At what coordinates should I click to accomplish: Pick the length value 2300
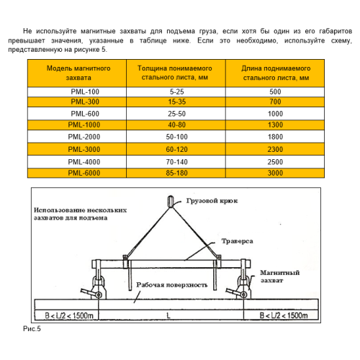pos(274,149)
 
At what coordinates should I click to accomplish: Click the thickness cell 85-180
pos(177,173)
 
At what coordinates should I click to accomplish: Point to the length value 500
pos(274,92)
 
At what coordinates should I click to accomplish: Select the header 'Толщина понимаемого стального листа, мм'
pos(177,72)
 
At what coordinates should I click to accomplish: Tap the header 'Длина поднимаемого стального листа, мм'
pos(274,72)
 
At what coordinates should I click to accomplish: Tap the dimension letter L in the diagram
pos(168,315)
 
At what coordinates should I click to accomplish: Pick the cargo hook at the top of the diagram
pos(171,201)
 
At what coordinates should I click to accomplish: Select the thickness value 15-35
pos(177,103)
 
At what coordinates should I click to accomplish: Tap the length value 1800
pos(274,137)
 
